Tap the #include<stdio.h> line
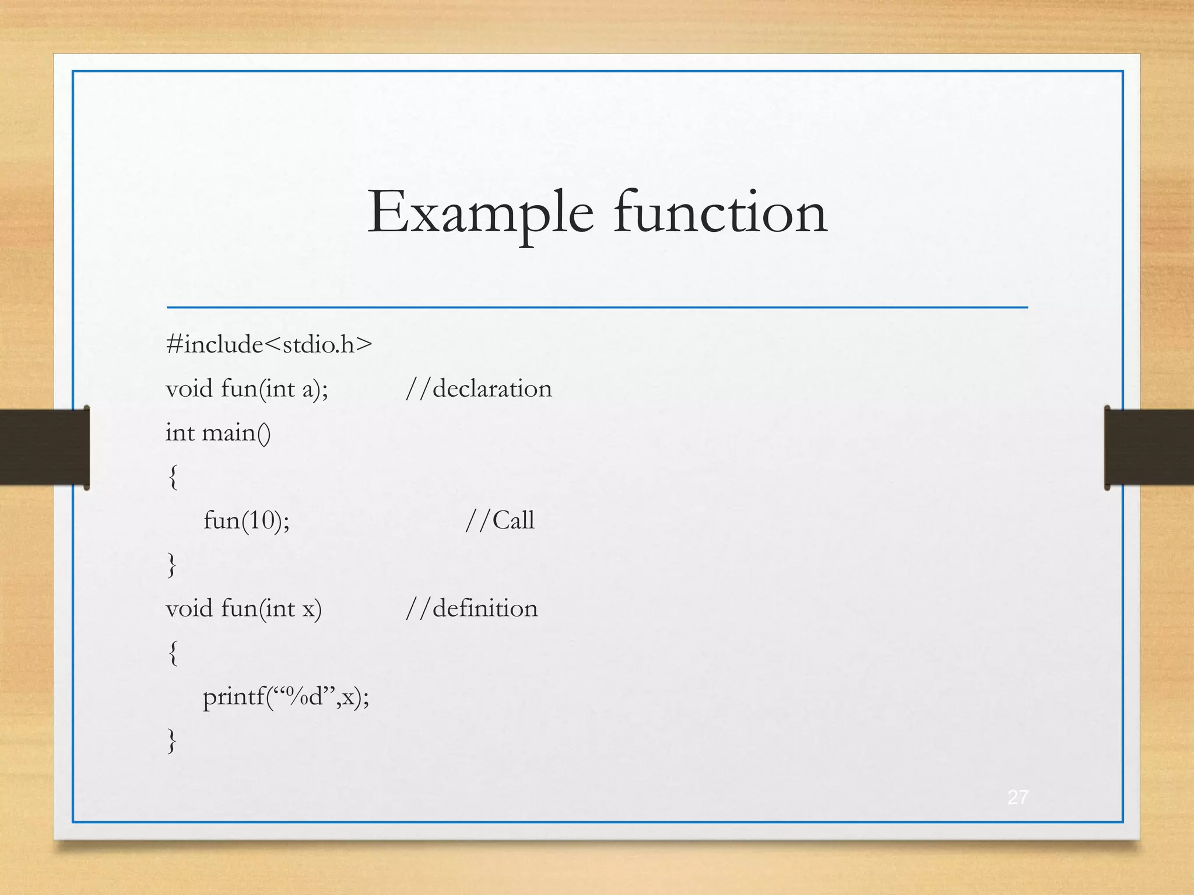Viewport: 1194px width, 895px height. click(269, 344)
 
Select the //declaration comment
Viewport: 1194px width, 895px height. click(479, 389)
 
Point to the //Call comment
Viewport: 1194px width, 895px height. click(500, 520)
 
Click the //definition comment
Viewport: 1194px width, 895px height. click(472, 608)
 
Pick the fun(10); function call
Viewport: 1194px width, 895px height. click(247, 520)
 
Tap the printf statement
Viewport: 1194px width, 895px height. click(286, 696)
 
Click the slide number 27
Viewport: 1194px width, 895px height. click(1017, 797)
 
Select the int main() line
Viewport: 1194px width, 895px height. click(218, 433)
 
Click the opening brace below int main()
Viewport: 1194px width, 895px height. click(173, 477)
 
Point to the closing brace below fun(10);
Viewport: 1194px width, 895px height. click(172, 565)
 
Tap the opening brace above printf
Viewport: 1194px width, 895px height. click(173, 653)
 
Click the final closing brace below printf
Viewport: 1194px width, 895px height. click(172, 741)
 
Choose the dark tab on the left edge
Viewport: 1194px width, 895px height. click(44, 447)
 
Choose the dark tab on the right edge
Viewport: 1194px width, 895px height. click(1149, 447)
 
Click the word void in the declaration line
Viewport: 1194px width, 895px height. click(189, 389)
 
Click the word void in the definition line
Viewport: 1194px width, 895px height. click(189, 608)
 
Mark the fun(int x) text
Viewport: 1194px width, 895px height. click(271, 609)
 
